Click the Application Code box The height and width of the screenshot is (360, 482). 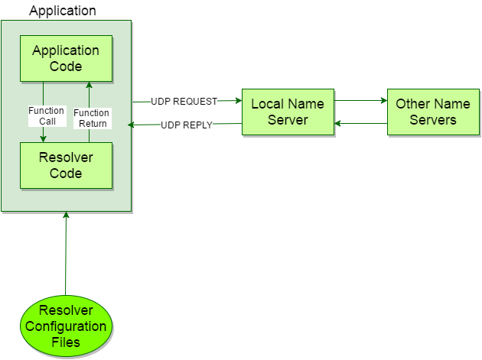65,58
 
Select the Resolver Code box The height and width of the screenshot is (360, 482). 65,165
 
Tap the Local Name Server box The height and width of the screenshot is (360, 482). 288,112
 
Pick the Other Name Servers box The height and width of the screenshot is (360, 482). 432,112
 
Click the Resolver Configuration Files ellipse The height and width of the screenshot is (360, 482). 66,326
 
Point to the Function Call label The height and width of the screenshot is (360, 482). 47,116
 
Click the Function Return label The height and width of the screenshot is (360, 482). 91,118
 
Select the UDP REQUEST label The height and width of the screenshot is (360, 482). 184,101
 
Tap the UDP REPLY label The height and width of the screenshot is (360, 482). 187,125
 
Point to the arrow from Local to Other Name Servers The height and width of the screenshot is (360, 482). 360,100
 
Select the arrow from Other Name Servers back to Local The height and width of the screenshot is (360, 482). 360,123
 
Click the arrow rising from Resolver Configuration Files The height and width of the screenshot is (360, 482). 67,252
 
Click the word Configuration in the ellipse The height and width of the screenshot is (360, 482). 66,326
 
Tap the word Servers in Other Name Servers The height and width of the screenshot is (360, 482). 432,120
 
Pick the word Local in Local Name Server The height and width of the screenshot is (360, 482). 267,103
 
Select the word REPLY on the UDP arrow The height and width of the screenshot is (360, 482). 197,125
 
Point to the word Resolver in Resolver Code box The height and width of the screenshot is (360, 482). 65,157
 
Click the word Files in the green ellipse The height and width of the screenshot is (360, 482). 66,342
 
